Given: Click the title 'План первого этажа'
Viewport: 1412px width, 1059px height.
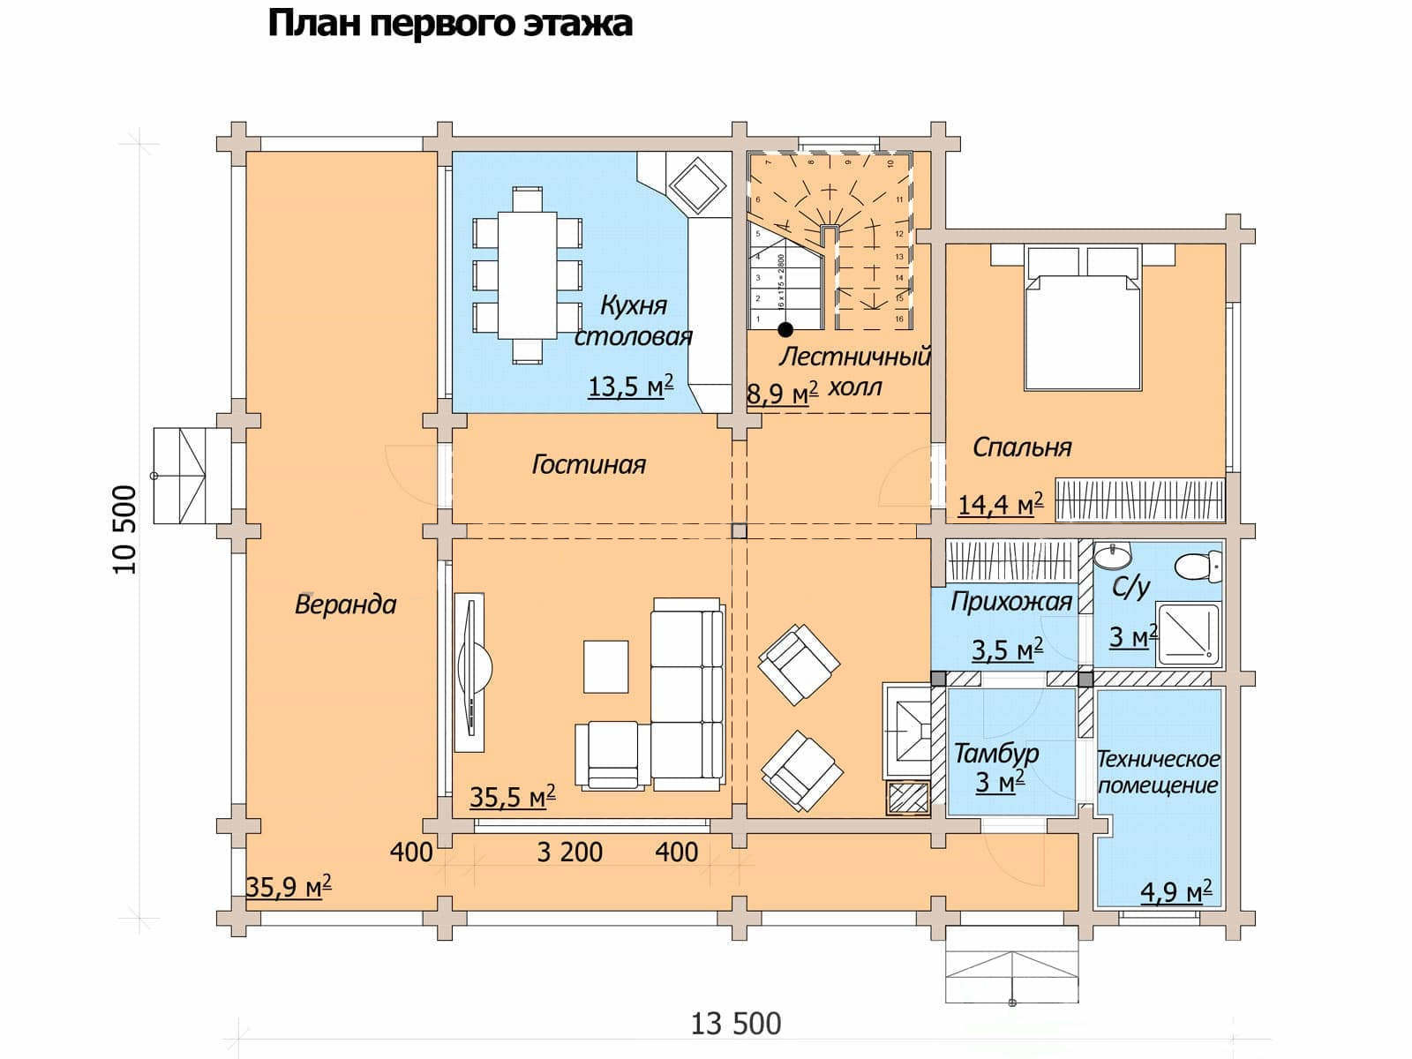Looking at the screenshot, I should [449, 24].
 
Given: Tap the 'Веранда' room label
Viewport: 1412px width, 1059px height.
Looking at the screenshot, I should [345, 605].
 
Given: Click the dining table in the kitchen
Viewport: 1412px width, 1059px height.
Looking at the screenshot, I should [528, 274].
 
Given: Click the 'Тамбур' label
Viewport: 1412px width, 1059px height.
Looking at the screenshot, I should [995, 755].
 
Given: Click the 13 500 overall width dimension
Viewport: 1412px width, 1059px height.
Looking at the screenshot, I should [736, 1025].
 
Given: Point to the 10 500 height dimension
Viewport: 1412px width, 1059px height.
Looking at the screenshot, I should [126, 529].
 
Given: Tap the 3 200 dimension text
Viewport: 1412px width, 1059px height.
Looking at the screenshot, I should [569, 852].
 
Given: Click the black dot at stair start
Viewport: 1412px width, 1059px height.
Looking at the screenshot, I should [785, 329].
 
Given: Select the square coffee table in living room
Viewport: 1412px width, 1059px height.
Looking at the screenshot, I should [605, 666].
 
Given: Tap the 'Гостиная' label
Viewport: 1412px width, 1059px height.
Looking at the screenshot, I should [588, 464].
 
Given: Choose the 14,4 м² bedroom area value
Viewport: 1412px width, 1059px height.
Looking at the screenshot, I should [1000, 504].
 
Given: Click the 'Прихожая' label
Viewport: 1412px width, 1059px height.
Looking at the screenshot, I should [1010, 603].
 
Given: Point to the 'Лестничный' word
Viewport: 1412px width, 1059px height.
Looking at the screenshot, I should [854, 357].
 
